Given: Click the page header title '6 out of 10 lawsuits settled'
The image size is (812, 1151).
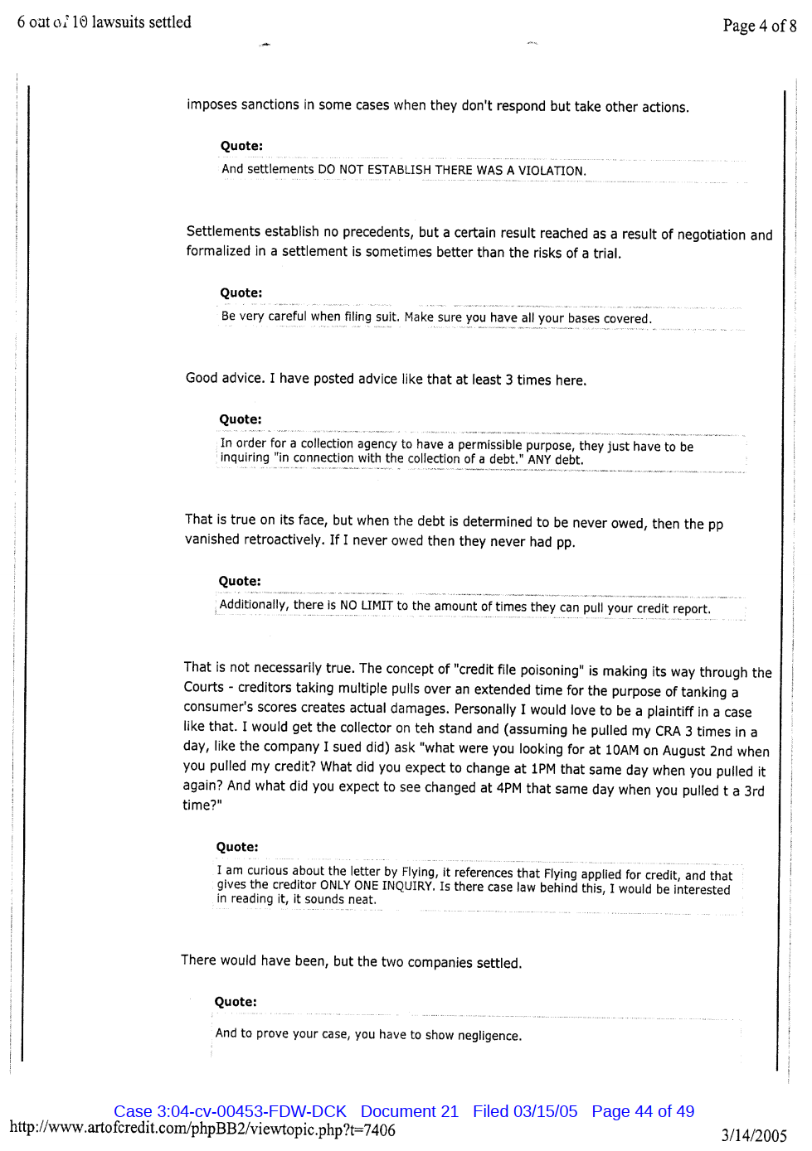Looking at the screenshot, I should tap(104, 22).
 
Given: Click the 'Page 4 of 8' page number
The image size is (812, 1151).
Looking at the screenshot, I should tap(759, 26).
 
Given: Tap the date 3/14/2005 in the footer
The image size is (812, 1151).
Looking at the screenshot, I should tap(753, 1135).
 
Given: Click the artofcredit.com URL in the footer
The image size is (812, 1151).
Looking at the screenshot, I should tap(202, 1129).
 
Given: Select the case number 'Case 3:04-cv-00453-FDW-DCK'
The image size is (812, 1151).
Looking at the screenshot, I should tap(230, 1111).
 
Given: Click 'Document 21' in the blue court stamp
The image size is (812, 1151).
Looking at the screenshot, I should tap(409, 1111).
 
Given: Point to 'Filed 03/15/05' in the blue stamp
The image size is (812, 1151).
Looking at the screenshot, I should tap(525, 1111).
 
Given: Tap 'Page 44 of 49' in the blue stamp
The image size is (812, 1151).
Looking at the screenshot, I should tap(643, 1111).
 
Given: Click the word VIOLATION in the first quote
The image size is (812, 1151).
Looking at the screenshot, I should tap(552, 171).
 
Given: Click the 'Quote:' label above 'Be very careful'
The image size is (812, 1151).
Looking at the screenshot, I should tap(241, 293).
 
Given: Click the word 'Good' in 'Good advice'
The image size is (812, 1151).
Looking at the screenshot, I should tap(202, 378).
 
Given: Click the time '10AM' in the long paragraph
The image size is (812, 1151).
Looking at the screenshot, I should tap(622, 750).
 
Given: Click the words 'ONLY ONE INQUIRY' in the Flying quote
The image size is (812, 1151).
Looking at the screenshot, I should tap(377, 885).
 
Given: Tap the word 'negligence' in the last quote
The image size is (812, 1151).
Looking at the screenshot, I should tap(489, 1036).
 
